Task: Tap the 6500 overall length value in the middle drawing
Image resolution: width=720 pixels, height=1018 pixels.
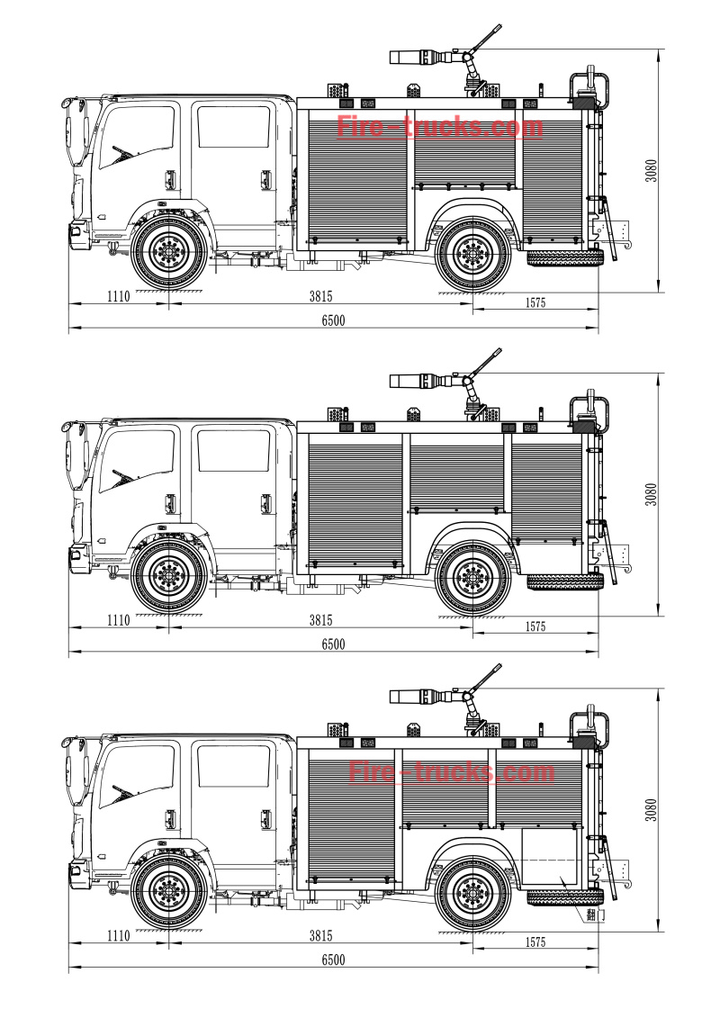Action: (333, 644)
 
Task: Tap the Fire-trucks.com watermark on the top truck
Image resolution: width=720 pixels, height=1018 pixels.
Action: (440, 127)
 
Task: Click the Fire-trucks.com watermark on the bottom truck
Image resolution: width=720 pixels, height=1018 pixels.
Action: (451, 772)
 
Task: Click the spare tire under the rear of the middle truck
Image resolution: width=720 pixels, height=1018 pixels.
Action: (564, 581)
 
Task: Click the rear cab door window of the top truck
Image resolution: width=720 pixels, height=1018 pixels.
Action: (233, 127)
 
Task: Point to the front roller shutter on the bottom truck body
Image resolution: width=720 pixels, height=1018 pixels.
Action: (351, 817)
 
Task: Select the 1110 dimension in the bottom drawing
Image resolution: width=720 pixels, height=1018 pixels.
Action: (119, 935)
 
